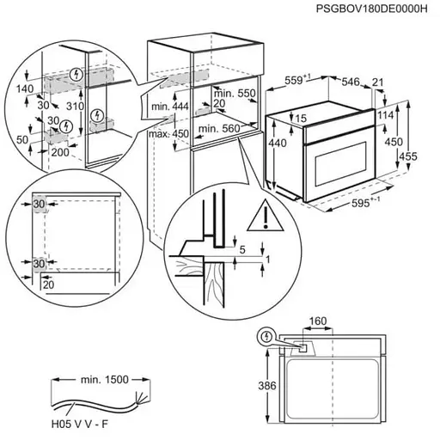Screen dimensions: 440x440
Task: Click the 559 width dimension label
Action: [296, 79]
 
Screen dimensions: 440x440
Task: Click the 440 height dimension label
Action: [278, 144]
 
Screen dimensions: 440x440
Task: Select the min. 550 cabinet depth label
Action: [234, 93]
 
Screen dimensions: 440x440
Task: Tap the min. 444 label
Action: [168, 105]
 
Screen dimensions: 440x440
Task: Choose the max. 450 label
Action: [168, 133]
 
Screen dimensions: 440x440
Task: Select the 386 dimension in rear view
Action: [267, 387]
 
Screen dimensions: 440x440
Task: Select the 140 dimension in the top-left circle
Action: [24, 88]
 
